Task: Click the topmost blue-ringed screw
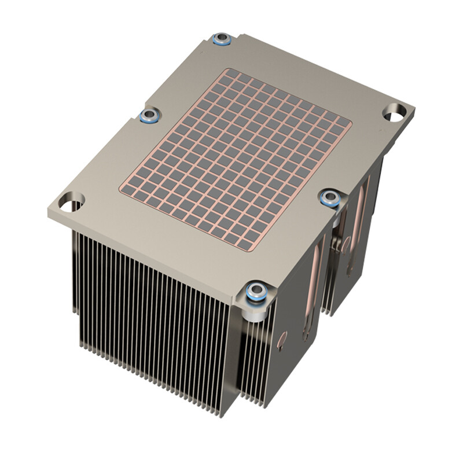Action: (221, 40)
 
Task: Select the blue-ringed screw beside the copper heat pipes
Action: (330, 199)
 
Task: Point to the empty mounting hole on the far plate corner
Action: (395, 112)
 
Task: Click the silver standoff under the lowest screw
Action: (255, 313)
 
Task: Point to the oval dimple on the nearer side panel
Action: (281, 340)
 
